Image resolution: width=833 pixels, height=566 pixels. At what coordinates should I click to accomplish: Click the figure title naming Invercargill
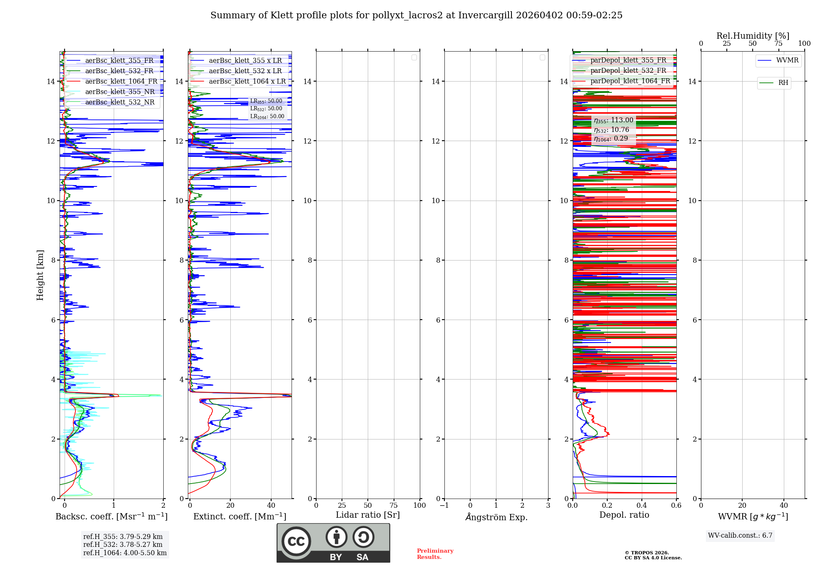416,15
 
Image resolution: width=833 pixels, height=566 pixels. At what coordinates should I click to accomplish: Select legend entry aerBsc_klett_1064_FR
121,82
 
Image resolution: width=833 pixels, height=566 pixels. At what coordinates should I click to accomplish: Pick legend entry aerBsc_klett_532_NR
120,102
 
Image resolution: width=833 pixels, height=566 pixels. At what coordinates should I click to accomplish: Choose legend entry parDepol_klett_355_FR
628,60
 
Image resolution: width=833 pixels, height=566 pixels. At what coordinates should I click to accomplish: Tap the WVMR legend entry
787,60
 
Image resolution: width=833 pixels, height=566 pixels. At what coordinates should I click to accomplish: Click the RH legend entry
783,83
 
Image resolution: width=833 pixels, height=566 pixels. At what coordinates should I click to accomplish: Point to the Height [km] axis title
40,275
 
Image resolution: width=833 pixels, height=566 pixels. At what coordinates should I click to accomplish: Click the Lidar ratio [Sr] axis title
368,515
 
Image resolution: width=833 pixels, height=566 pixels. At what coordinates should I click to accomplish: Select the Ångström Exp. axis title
496,517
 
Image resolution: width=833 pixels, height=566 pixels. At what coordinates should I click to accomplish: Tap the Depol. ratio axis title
624,515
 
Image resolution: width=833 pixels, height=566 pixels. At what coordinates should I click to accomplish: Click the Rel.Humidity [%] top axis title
753,36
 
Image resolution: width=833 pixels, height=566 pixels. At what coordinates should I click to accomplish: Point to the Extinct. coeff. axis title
239,517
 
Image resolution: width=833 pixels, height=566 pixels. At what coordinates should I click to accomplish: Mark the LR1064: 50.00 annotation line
267,117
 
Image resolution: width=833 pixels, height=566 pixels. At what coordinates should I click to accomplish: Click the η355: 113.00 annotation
614,120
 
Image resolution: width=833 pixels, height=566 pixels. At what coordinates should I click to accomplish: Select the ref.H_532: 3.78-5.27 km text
123,545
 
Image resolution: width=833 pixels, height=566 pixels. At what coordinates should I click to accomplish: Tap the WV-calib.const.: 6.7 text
740,536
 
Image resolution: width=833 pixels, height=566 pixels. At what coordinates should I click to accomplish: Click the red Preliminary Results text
435,554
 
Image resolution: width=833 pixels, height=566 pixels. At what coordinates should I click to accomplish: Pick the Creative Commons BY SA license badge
333,543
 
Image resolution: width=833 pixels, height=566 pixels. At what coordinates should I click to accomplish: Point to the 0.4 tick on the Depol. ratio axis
642,506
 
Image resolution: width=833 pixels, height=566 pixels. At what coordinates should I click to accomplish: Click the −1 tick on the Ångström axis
444,506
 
